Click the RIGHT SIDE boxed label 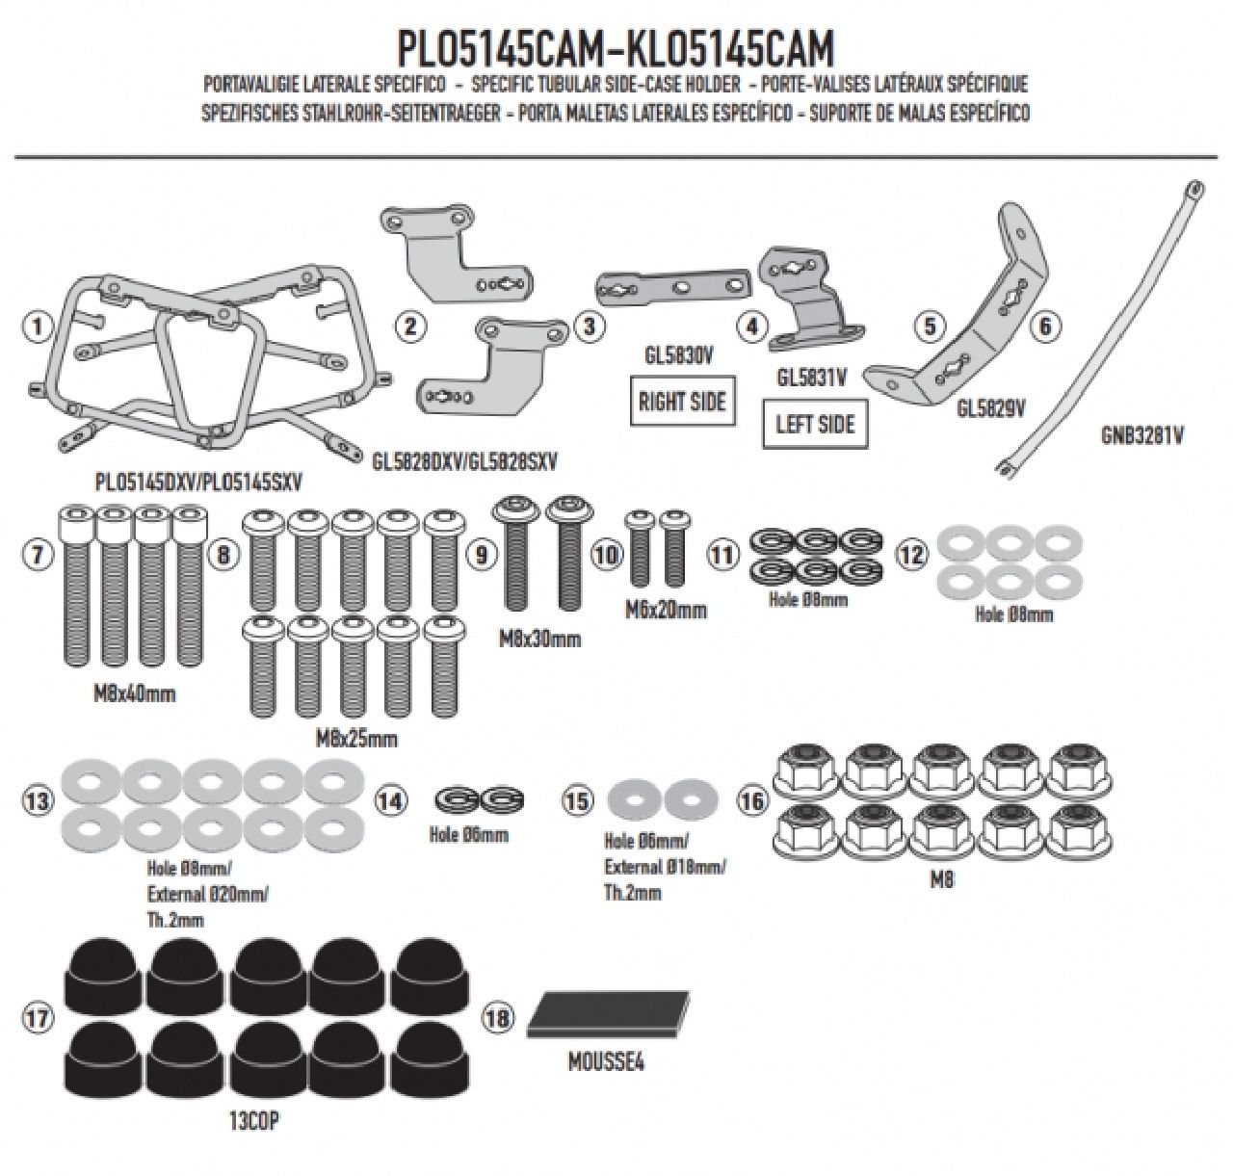681,401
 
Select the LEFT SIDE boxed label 815,424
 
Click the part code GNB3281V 1141,435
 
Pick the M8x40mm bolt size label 134,693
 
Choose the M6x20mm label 664,610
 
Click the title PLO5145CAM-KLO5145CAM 616,49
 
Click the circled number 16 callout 751,799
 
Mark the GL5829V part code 990,408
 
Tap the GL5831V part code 811,379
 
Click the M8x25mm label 356,740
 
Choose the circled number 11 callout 722,555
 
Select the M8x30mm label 539,639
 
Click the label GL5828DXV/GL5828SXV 464,461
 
